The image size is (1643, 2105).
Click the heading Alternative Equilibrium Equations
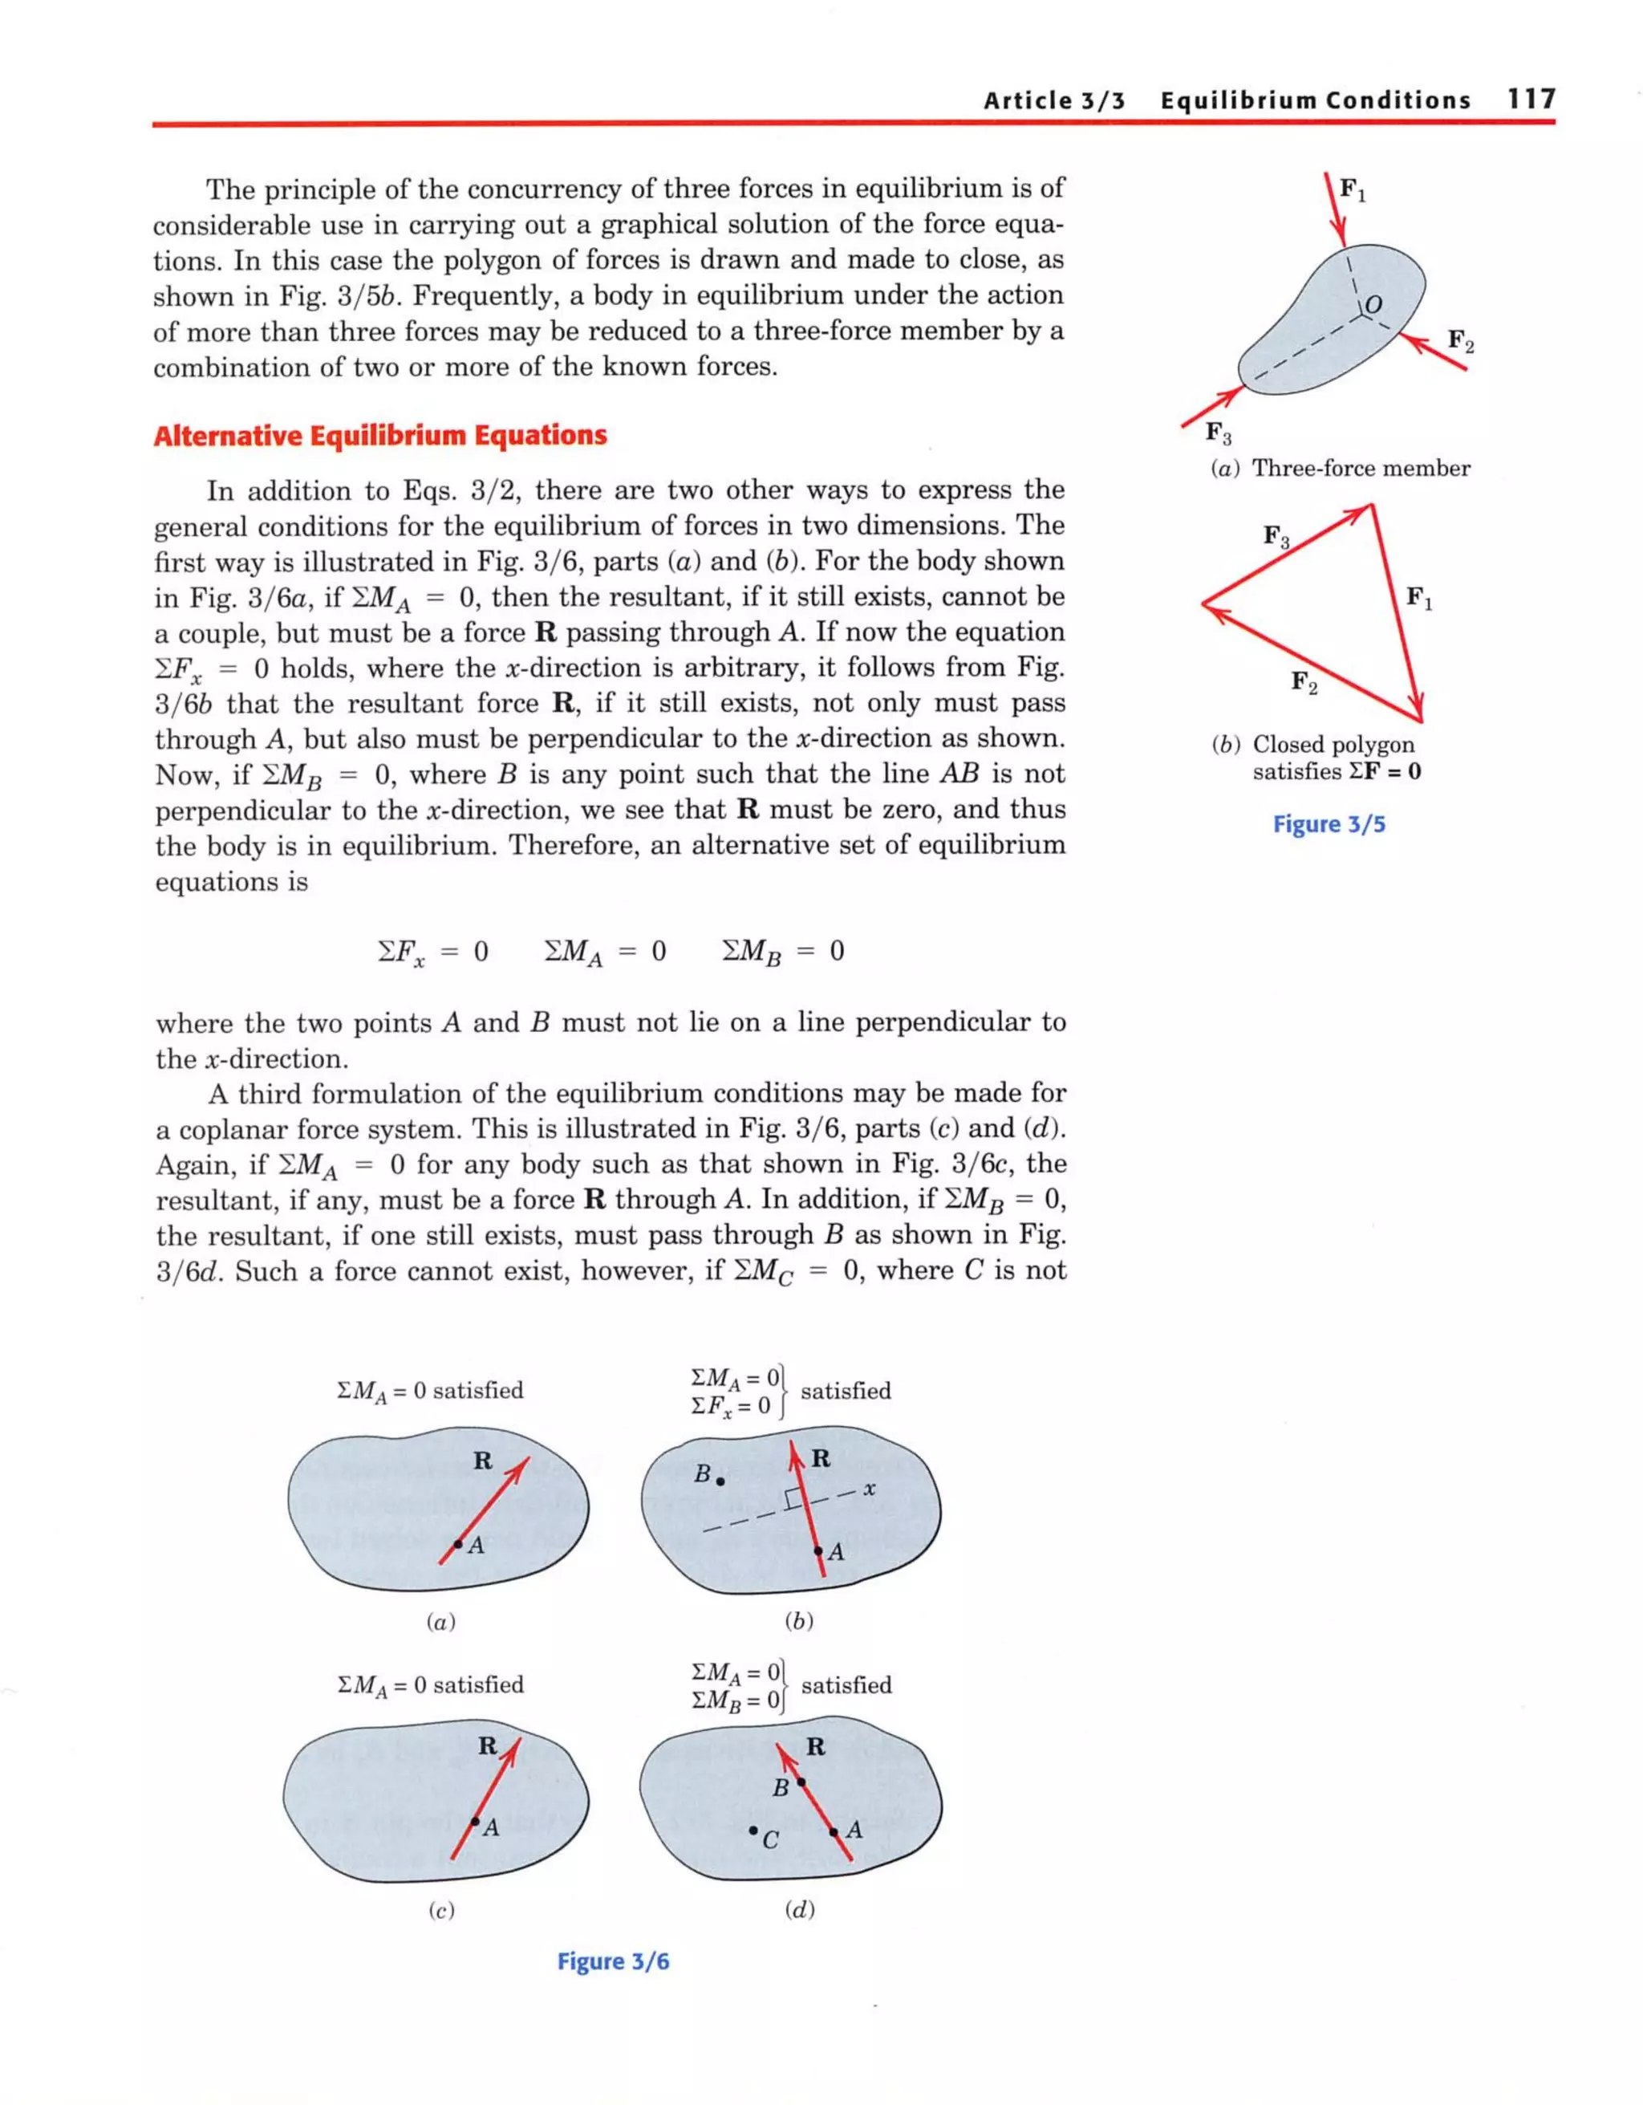coord(379,436)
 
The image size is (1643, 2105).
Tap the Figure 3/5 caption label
coord(1329,824)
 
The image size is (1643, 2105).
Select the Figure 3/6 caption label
coord(613,1961)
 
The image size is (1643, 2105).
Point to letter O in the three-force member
coord(1374,305)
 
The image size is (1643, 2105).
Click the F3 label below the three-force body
coord(1218,433)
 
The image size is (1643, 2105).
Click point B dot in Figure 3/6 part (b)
coord(720,1481)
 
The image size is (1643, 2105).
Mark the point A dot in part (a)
coord(458,1544)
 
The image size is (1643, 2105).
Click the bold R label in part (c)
coord(488,1745)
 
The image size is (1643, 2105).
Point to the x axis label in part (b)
coord(869,1489)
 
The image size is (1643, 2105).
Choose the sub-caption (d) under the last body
coord(800,1909)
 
